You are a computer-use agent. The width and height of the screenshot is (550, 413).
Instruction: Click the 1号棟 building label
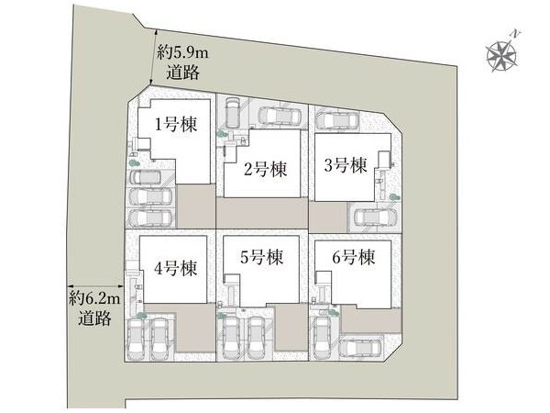click(176, 124)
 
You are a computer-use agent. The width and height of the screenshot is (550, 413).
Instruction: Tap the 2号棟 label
click(266, 169)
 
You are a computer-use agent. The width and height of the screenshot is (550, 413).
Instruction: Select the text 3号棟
click(346, 165)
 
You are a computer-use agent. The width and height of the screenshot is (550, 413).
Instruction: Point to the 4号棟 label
click(175, 269)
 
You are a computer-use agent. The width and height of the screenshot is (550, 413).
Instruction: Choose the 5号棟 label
click(261, 257)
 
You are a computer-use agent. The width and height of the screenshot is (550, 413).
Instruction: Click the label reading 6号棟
click(354, 257)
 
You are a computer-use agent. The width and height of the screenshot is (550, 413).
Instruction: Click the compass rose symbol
click(502, 56)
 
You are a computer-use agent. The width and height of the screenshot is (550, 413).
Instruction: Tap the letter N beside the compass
click(515, 34)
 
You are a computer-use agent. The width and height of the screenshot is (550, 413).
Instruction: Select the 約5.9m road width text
click(182, 53)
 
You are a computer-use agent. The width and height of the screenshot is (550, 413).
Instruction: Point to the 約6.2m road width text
click(94, 299)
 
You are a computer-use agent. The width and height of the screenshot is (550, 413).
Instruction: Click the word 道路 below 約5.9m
click(183, 73)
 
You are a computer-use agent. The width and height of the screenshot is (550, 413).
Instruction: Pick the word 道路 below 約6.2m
click(94, 318)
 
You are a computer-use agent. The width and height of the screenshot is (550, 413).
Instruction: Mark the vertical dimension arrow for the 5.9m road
click(153, 57)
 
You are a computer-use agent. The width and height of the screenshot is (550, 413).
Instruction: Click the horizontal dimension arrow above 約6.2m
click(95, 286)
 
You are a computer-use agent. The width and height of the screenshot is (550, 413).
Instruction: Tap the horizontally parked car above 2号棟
click(280, 116)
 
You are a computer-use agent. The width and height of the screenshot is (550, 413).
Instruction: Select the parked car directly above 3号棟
click(337, 121)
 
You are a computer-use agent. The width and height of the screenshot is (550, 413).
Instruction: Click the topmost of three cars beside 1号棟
click(146, 177)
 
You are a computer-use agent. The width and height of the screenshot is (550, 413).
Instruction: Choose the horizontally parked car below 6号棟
click(360, 349)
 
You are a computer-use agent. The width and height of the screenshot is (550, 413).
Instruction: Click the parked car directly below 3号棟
click(376, 218)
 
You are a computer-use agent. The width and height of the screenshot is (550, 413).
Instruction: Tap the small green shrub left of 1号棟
click(133, 162)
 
